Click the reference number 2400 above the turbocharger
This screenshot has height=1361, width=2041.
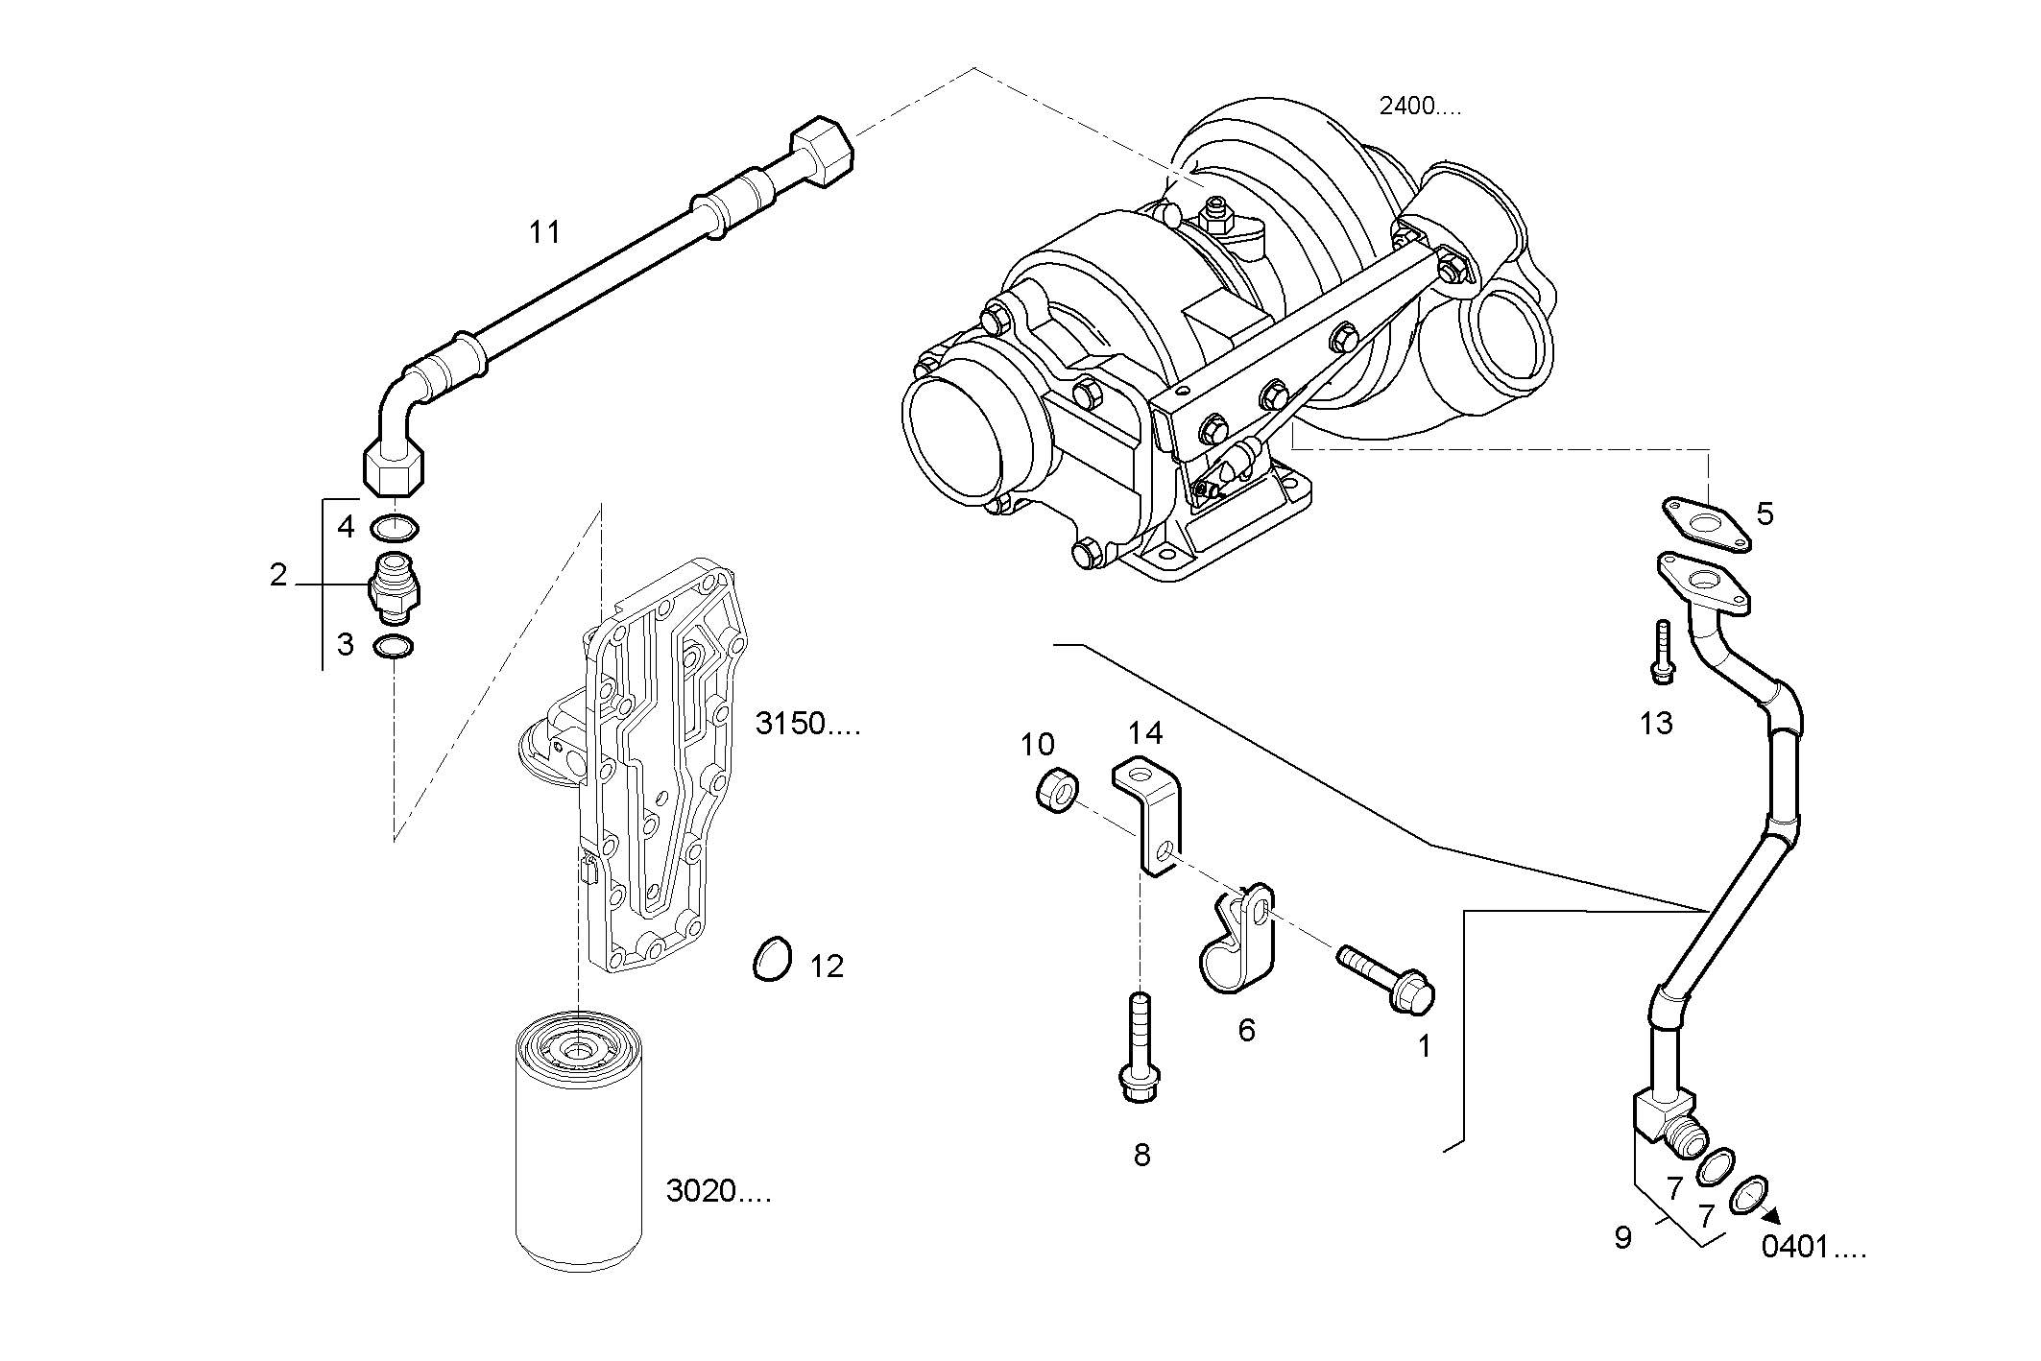coord(1419,107)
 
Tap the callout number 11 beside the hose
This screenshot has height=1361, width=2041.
coord(544,232)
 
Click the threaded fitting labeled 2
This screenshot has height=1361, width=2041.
coord(395,584)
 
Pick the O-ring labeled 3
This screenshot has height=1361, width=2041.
coord(394,647)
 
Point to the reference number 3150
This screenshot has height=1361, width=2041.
coord(806,724)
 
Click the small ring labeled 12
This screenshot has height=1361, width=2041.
coord(771,959)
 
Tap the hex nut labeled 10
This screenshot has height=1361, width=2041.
coord(1056,792)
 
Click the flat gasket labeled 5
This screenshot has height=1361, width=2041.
coord(1707,525)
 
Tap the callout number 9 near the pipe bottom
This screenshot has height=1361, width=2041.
coord(1622,1238)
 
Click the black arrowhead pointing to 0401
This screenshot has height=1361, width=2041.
coord(1770,1215)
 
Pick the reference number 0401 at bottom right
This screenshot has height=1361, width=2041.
coord(1813,1249)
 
